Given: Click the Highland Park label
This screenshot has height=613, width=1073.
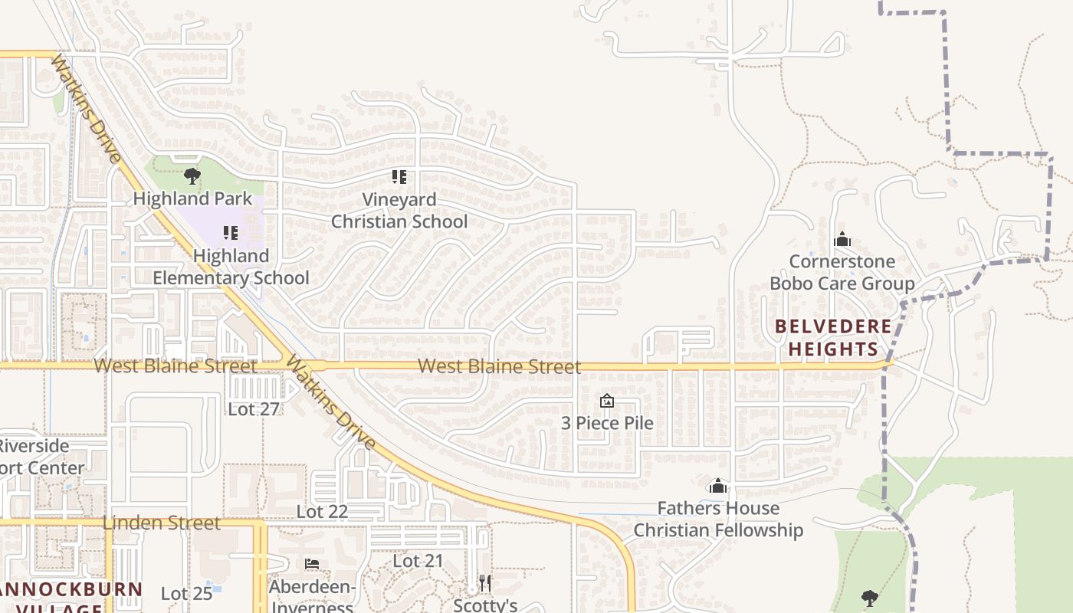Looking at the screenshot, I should click(x=192, y=199).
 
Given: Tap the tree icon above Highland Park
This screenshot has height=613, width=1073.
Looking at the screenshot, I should click(x=192, y=177).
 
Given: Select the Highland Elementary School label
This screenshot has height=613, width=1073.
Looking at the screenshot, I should click(x=231, y=267).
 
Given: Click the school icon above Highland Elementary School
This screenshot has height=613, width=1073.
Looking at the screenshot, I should click(x=231, y=232).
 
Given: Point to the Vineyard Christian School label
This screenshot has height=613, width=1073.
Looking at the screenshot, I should click(x=399, y=211).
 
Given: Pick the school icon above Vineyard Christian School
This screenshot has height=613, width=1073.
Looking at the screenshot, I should click(x=399, y=177).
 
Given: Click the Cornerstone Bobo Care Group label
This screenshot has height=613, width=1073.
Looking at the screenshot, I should click(x=842, y=273).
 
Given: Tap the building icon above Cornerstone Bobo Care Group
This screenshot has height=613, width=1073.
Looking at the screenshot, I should click(x=842, y=240).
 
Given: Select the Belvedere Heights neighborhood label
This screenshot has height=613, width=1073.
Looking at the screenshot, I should click(x=834, y=338).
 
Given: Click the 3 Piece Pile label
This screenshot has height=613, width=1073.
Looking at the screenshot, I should click(x=607, y=423).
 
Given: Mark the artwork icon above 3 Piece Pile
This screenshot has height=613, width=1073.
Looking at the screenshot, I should click(x=607, y=401).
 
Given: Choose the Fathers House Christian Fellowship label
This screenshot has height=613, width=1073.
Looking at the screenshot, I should click(x=718, y=520).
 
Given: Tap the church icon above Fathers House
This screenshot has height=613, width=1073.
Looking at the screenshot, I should click(x=718, y=486).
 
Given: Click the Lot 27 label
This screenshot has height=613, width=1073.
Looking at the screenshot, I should click(x=253, y=409).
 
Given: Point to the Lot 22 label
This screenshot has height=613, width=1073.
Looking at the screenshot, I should click(x=323, y=512).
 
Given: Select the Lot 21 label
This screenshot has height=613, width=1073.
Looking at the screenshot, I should click(x=418, y=562).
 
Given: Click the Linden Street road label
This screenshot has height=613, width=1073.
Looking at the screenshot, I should click(x=161, y=523).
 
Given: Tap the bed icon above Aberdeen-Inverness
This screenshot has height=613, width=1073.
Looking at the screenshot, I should click(x=312, y=564).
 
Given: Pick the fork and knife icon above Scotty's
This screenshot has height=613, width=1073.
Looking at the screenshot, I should click(x=485, y=583).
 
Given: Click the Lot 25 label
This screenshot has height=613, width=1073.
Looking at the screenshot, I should click(x=186, y=594).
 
